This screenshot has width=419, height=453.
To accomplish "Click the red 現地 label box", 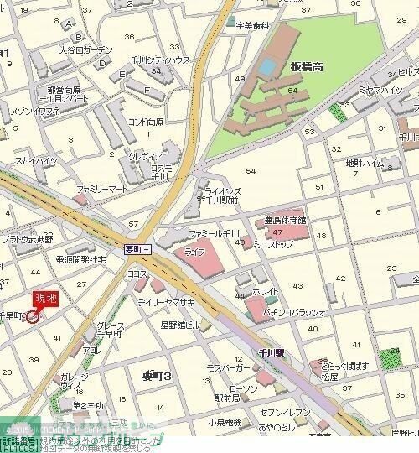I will [x=46, y=299].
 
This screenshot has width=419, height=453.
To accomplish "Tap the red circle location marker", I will [x=34, y=316].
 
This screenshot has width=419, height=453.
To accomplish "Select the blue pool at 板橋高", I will [x=267, y=65].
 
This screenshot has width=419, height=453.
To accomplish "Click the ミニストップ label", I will [x=273, y=244].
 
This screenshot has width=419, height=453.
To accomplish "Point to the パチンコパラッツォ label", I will [x=295, y=311].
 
